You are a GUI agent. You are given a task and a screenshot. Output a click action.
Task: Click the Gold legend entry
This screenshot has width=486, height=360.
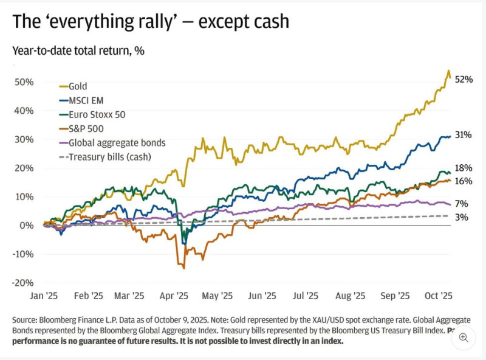click(x=78, y=86)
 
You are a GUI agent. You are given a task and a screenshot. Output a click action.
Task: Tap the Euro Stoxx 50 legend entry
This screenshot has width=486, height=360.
click(x=97, y=114)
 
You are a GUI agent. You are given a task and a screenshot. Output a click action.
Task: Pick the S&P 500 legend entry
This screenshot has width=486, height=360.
click(x=86, y=128)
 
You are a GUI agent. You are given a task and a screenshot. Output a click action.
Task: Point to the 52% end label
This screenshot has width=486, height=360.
click(x=464, y=80)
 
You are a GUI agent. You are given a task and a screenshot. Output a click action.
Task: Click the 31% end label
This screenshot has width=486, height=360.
click(x=464, y=135)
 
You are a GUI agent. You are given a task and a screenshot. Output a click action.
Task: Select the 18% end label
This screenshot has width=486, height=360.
click(x=464, y=168)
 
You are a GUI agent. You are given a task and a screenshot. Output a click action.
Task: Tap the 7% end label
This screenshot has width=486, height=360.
click(x=462, y=203)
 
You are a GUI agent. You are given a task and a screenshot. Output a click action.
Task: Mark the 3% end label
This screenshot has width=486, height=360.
click(x=462, y=216)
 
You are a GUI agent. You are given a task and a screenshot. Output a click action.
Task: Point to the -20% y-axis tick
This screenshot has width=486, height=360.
click(x=22, y=283)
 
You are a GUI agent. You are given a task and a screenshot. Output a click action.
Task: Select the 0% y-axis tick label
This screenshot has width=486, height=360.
click(x=27, y=225)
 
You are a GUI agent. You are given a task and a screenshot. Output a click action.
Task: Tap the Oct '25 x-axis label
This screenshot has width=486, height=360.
click(x=438, y=296)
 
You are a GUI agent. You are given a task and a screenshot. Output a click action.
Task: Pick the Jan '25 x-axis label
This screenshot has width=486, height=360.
click(x=44, y=296)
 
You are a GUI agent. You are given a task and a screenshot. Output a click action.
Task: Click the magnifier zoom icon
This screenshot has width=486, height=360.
click(x=464, y=337)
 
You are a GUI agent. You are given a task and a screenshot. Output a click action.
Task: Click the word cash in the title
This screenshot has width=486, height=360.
click(x=268, y=22)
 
